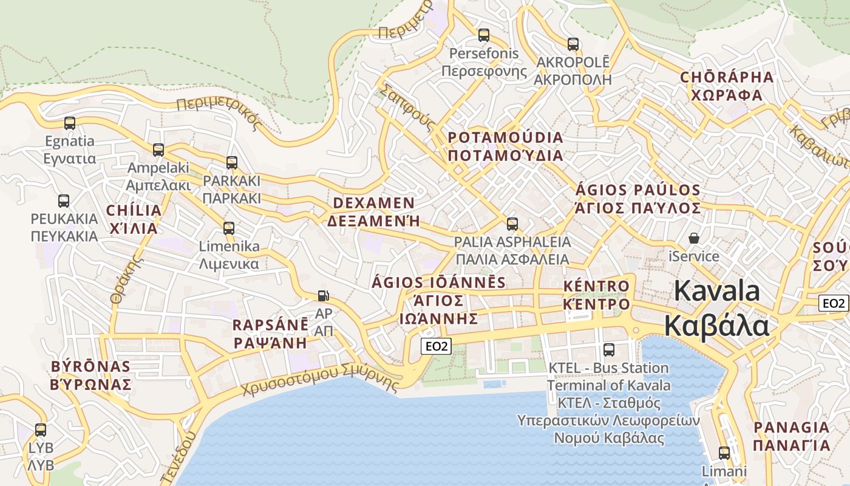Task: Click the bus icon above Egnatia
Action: [x=70, y=123]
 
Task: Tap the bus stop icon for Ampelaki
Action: [x=158, y=149]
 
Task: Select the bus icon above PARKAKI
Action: [x=231, y=163]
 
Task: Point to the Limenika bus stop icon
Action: [x=229, y=228]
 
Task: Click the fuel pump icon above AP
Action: [x=324, y=296]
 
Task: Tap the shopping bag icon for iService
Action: [x=693, y=238]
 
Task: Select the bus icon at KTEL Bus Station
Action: [x=609, y=350]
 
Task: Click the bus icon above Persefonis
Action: [x=483, y=35]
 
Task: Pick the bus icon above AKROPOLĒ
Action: [x=573, y=44]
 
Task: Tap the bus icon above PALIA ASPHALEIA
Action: [x=512, y=224]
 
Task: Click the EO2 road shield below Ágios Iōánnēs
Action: [x=437, y=346]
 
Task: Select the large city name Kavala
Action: [x=716, y=291]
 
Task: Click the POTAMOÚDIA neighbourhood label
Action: [x=505, y=137]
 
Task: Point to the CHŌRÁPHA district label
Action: [x=727, y=78]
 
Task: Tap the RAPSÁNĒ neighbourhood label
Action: [x=270, y=325]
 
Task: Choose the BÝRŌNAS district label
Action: [x=91, y=366]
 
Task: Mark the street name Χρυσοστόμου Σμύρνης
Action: [x=321, y=380]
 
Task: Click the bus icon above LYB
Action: [x=41, y=430]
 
